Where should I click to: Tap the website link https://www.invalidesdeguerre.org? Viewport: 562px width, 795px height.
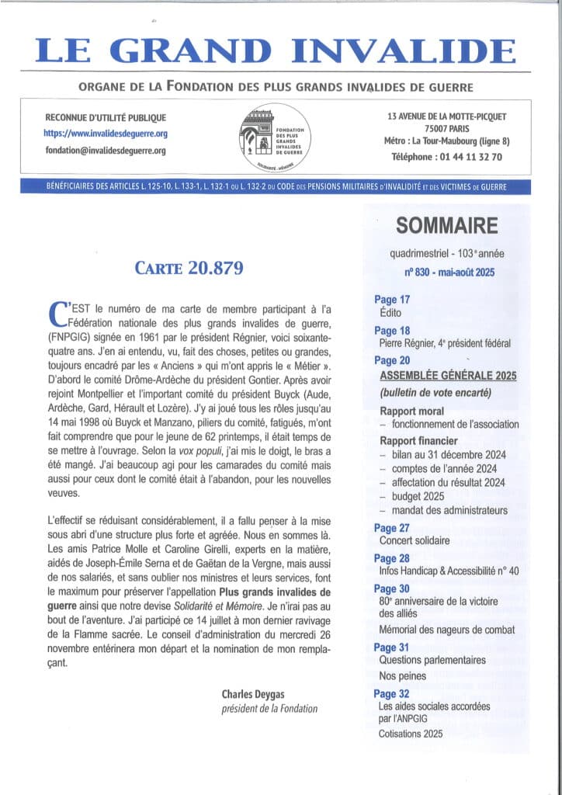coord(106,134)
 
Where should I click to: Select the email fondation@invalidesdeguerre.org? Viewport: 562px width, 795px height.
coord(106,150)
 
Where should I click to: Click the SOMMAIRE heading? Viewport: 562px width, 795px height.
coord(446,226)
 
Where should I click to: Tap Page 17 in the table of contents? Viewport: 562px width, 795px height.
coord(392,300)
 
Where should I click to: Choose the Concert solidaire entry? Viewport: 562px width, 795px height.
coord(414,540)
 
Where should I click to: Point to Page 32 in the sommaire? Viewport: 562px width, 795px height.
coord(392,694)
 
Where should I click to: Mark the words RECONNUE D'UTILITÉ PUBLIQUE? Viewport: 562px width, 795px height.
coord(106,117)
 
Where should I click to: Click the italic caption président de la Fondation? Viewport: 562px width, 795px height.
coord(269,709)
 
